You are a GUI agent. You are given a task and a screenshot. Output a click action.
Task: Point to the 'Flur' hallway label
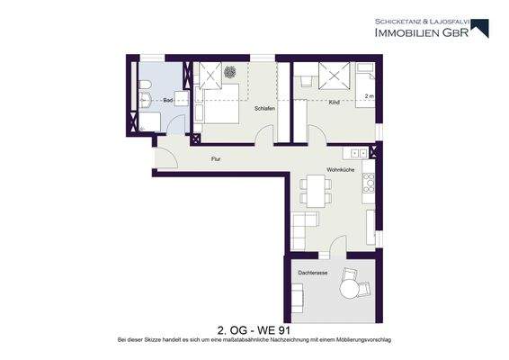(x=216, y=159)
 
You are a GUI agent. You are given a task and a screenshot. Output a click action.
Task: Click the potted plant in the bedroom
(x=230, y=72)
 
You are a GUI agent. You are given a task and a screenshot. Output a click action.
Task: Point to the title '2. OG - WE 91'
(x=254, y=329)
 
